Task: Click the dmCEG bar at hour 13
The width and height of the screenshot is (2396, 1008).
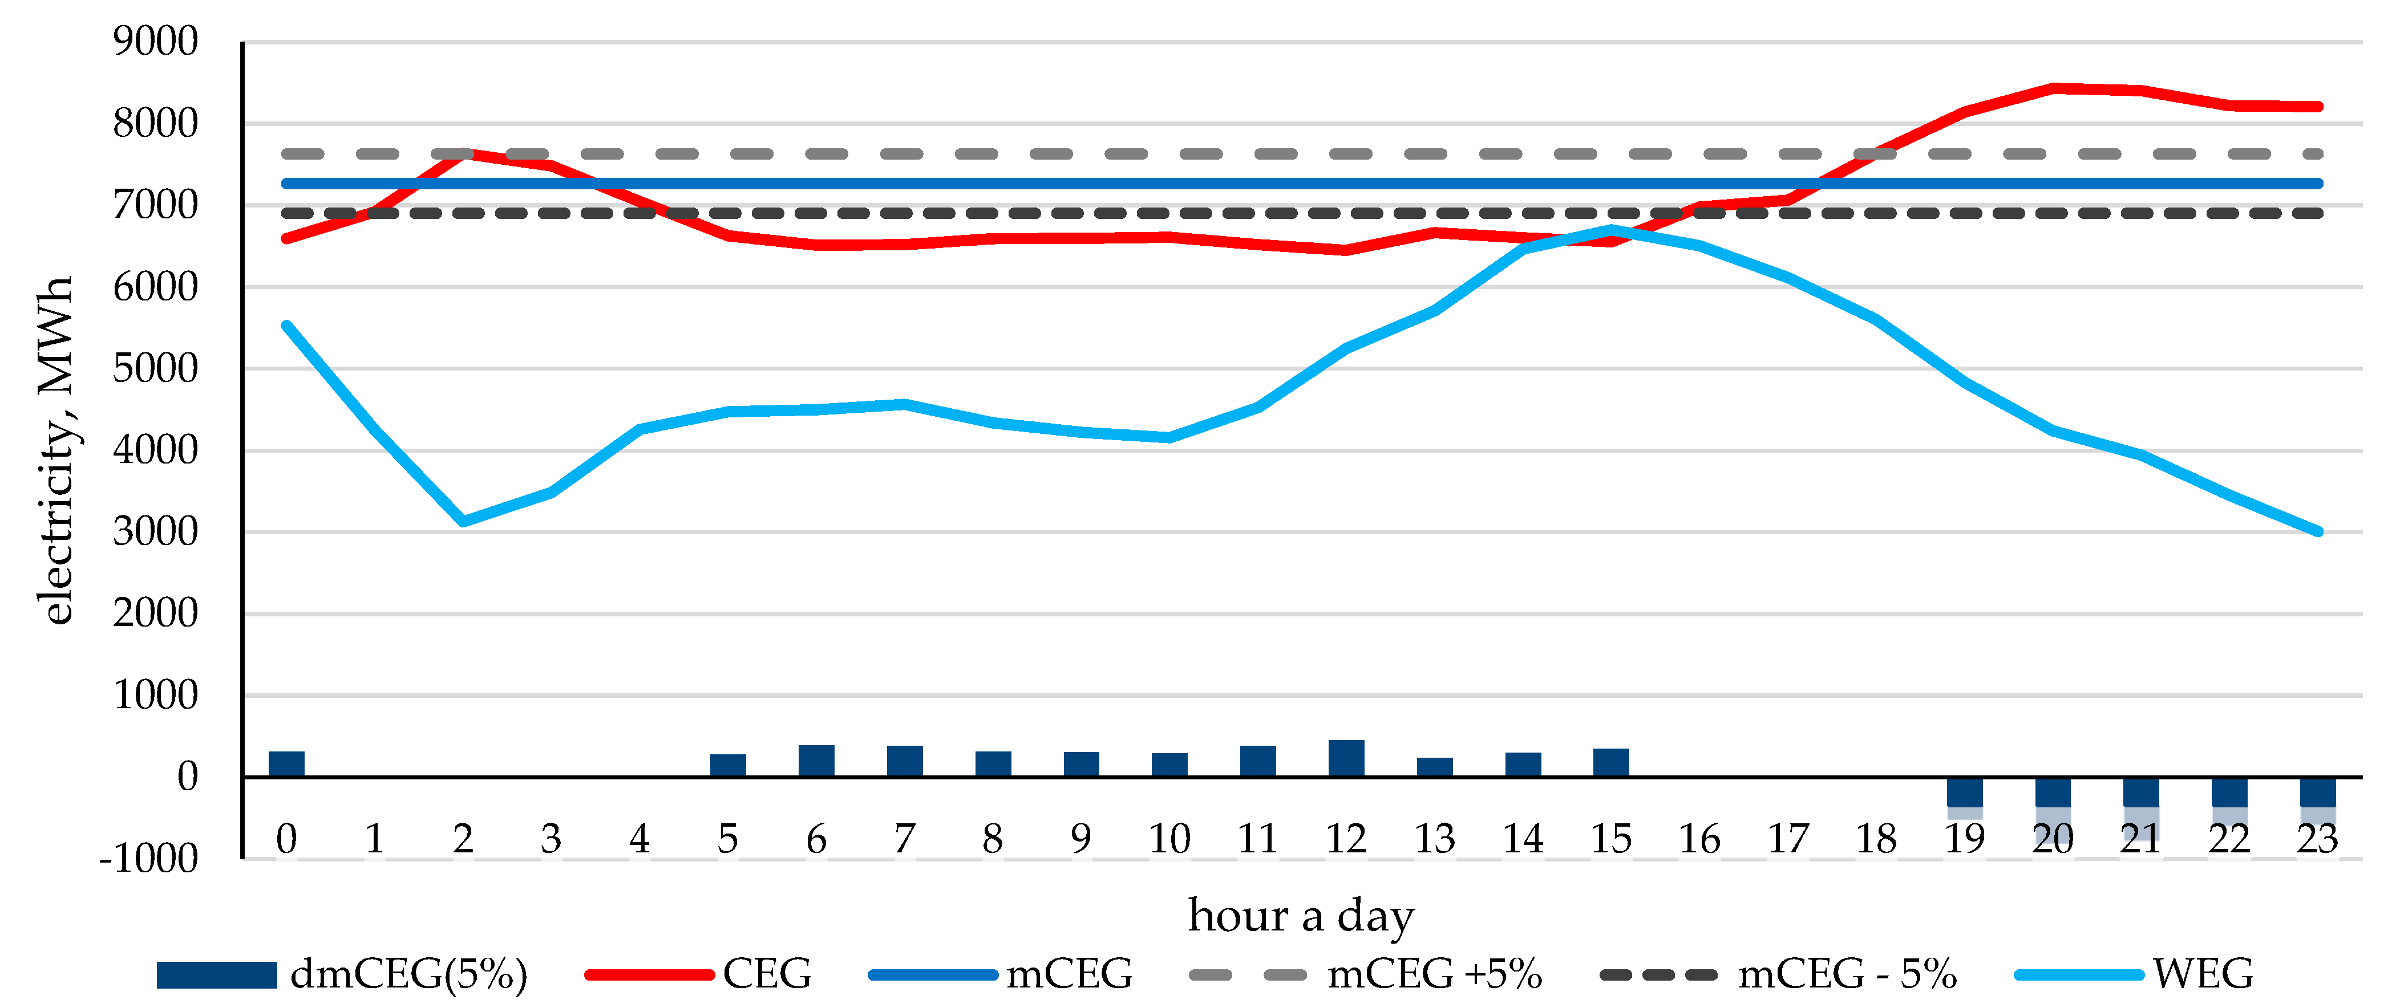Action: pyautogui.click(x=1434, y=768)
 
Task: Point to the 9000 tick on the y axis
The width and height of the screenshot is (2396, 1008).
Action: pyautogui.click(x=155, y=42)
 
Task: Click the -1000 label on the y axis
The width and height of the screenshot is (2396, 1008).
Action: pyautogui.click(x=149, y=858)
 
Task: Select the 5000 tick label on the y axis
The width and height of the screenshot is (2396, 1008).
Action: pyautogui.click(x=155, y=369)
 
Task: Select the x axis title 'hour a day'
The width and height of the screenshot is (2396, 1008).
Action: pyautogui.click(x=1300, y=916)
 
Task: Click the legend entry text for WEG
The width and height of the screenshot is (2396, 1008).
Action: pyautogui.click(x=2203, y=974)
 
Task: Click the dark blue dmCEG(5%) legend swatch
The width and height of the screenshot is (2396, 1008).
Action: pyautogui.click(x=217, y=974)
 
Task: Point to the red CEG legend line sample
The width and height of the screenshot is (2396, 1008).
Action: pyautogui.click(x=649, y=974)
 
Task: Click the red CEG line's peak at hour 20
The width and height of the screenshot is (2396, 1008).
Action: pyautogui.click(x=2053, y=88)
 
